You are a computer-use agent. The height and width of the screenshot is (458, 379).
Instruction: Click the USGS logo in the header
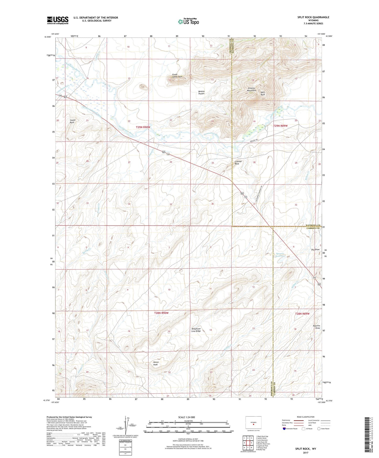coord(58,20)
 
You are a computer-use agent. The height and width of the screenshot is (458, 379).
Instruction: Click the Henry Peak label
coord(156,363)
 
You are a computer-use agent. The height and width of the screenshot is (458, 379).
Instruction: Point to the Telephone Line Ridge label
coord(196,330)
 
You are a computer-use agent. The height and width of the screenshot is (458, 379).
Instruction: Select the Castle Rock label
coord(72,121)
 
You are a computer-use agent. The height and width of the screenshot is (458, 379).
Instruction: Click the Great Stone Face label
coord(177,76)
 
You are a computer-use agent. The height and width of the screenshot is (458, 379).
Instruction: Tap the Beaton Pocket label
coord(201,92)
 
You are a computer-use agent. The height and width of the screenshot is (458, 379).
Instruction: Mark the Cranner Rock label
coord(238,163)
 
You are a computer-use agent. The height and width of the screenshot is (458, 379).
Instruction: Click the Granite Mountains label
coord(252,89)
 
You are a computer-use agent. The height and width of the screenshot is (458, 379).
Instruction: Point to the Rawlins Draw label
coord(317,327)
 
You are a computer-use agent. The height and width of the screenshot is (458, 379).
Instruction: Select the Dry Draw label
coord(315,249)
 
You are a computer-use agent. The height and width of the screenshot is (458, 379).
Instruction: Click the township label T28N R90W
coord(161,313)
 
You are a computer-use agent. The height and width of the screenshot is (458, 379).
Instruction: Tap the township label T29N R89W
coord(280,126)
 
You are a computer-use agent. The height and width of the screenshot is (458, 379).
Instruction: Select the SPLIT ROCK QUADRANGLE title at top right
coord(313,17)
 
